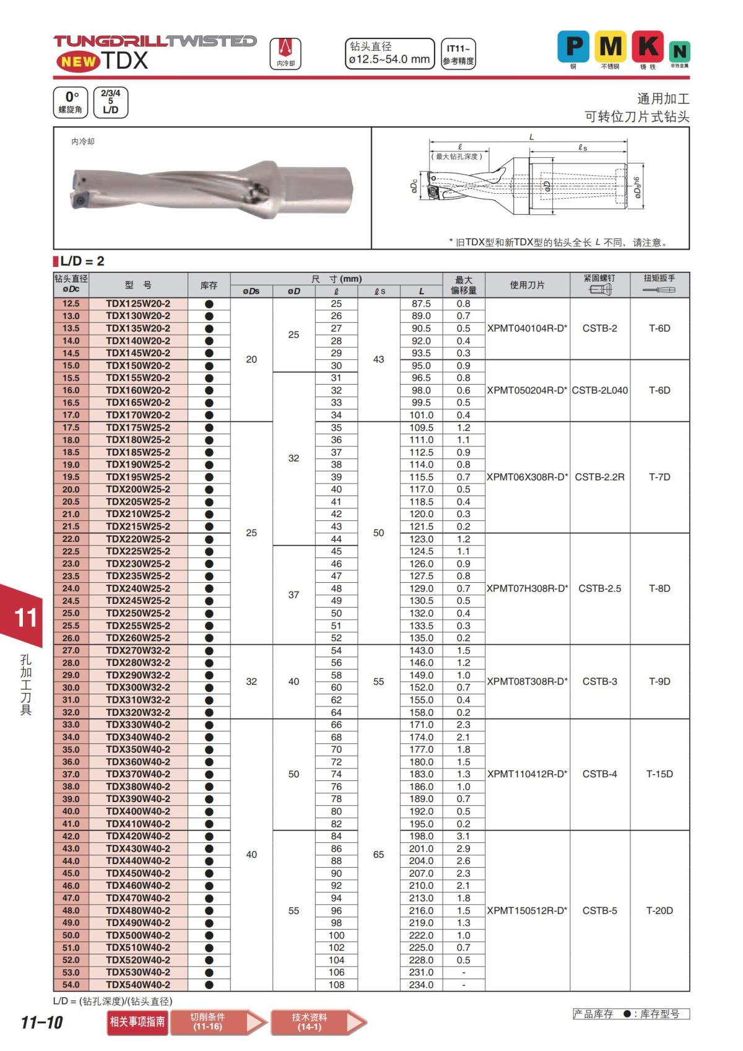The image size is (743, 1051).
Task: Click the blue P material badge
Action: point(573,46)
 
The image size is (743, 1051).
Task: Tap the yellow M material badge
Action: point(610,46)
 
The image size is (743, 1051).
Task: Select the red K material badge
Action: point(648,46)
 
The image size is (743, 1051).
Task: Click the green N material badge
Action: point(680,51)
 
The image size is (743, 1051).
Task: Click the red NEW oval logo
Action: point(78,61)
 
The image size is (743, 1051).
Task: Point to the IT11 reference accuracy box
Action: point(458,54)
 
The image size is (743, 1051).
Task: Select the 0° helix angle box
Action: point(71,102)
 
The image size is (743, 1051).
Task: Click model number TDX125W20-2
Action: point(137,303)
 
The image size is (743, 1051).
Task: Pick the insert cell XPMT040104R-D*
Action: point(527,328)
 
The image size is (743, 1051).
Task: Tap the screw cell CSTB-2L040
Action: point(599,390)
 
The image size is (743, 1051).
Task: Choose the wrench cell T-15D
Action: point(659,774)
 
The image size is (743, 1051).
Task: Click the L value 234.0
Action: point(421,985)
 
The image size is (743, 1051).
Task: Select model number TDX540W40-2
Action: point(137,985)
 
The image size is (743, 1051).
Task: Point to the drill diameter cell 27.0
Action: point(71,650)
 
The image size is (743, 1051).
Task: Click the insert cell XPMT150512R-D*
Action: point(527,910)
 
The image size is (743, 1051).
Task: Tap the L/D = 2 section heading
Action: point(82,261)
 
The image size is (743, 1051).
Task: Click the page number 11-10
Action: point(41,1023)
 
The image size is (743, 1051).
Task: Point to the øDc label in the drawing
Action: point(414,186)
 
